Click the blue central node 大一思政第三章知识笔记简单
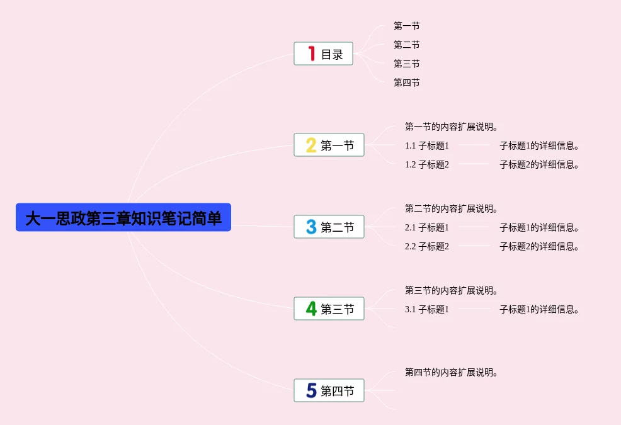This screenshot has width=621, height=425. click(123, 217)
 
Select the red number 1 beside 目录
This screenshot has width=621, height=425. click(312, 54)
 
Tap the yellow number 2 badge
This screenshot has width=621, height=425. click(311, 145)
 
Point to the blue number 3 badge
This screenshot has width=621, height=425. click(311, 227)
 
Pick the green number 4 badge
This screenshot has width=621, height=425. click(311, 309)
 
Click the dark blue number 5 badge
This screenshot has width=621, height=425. click(312, 390)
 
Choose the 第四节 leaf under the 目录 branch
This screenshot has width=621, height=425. click(407, 82)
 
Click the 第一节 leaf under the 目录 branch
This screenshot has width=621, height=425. click(407, 26)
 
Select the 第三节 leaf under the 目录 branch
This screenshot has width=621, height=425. click(407, 64)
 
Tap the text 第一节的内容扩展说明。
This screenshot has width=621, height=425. click(451, 127)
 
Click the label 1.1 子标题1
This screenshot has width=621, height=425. click(427, 146)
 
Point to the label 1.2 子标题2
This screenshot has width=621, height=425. click(427, 164)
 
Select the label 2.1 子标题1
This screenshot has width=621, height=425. click(427, 227)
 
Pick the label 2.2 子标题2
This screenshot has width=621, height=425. click(427, 246)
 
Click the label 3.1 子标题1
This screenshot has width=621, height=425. click(427, 309)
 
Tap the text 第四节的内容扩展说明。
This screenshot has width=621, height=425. click(451, 372)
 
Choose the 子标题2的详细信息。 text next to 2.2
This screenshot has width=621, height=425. click(539, 246)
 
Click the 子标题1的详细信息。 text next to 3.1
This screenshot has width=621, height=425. click(539, 309)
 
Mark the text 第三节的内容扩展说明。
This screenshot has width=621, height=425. click(451, 290)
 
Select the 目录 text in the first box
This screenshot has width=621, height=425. click(332, 54)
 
